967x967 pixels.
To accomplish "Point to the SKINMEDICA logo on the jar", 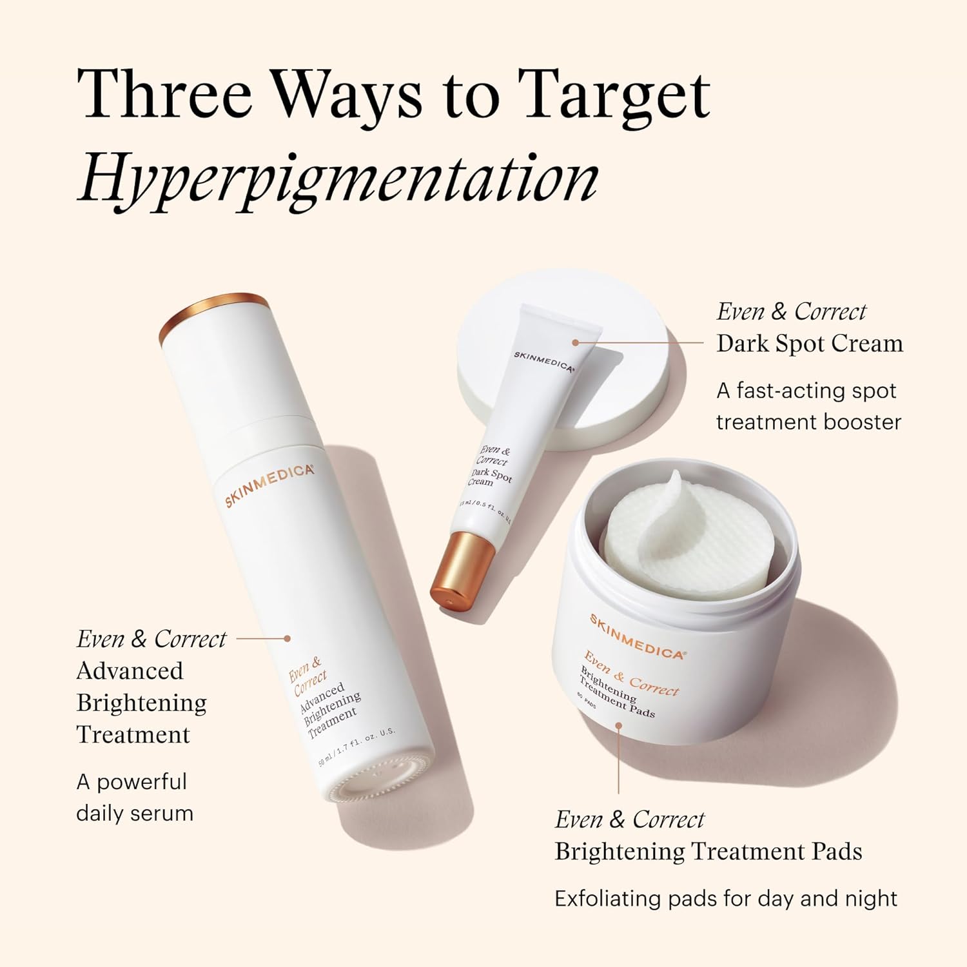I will tap(636, 636).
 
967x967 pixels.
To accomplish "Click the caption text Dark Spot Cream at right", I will tap(810, 344).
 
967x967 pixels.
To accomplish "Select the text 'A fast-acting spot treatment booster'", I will tap(808, 406).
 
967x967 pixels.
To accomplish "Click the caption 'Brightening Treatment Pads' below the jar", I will tap(708, 852).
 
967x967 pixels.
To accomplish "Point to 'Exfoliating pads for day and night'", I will tap(726, 899).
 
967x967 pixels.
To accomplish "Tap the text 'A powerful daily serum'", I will tap(134, 797).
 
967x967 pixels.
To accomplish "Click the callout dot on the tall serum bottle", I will tap(288, 638).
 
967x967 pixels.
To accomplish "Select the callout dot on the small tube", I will tap(575, 343).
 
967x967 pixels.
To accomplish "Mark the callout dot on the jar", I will tap(618, 725).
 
